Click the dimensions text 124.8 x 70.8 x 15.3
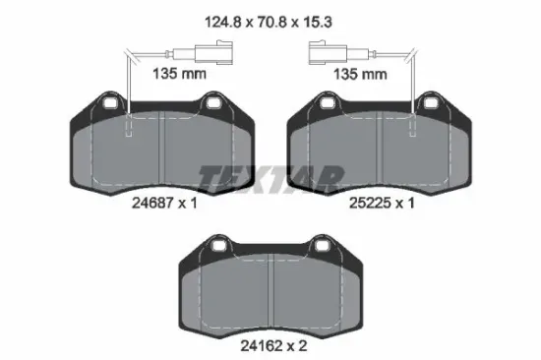coord(269,23)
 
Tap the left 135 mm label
coord(179,74)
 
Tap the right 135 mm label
coord(360,74)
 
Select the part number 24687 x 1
coord(164,203)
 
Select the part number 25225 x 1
coord(382,203)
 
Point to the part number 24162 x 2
coord(273,345)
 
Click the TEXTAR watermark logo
coord(271,178)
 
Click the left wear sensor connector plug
coord(213,53)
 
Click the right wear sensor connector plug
coord(328,53)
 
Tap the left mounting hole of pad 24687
coord(111,102)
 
